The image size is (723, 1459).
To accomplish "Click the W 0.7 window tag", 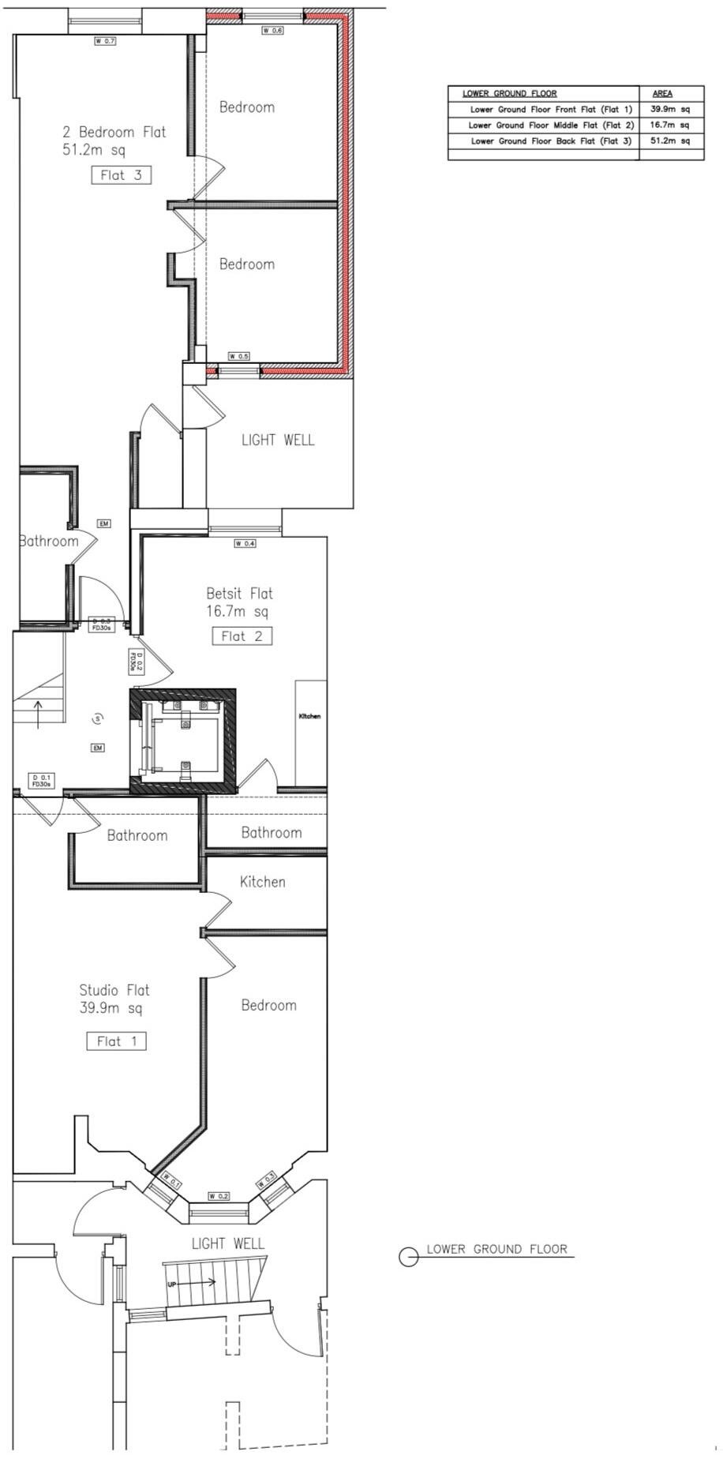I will click(105, 40).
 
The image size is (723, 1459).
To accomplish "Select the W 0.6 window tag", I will click(272, 30).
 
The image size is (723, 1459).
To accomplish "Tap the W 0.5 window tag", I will click(238, 356).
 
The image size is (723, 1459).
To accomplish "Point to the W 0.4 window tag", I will click(245, 543).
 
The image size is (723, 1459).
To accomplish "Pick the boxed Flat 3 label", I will click(122, 175).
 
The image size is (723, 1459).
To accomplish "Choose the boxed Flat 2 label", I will click(242, 636).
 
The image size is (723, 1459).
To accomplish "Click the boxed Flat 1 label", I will click(116, 1041).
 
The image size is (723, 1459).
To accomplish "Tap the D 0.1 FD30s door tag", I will click(41, 781).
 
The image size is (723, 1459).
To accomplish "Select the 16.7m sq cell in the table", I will click(669, 125).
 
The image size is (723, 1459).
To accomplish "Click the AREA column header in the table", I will click(662, 93).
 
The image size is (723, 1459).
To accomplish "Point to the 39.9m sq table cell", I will click(669, 109).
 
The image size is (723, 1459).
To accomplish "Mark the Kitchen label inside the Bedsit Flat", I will click(309, 716).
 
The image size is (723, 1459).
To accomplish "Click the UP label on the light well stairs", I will click(171, 1284).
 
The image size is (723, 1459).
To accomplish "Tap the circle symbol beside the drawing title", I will click(408, 1257).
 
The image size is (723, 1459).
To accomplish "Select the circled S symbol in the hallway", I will click(98, 718).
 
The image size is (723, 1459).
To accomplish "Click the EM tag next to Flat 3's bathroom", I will click(104, 523).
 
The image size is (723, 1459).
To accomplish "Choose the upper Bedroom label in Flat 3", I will click(247, 107).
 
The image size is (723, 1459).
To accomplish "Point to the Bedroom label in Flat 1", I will click(269, 1005).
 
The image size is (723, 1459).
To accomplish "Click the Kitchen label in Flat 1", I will click(263, 881).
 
